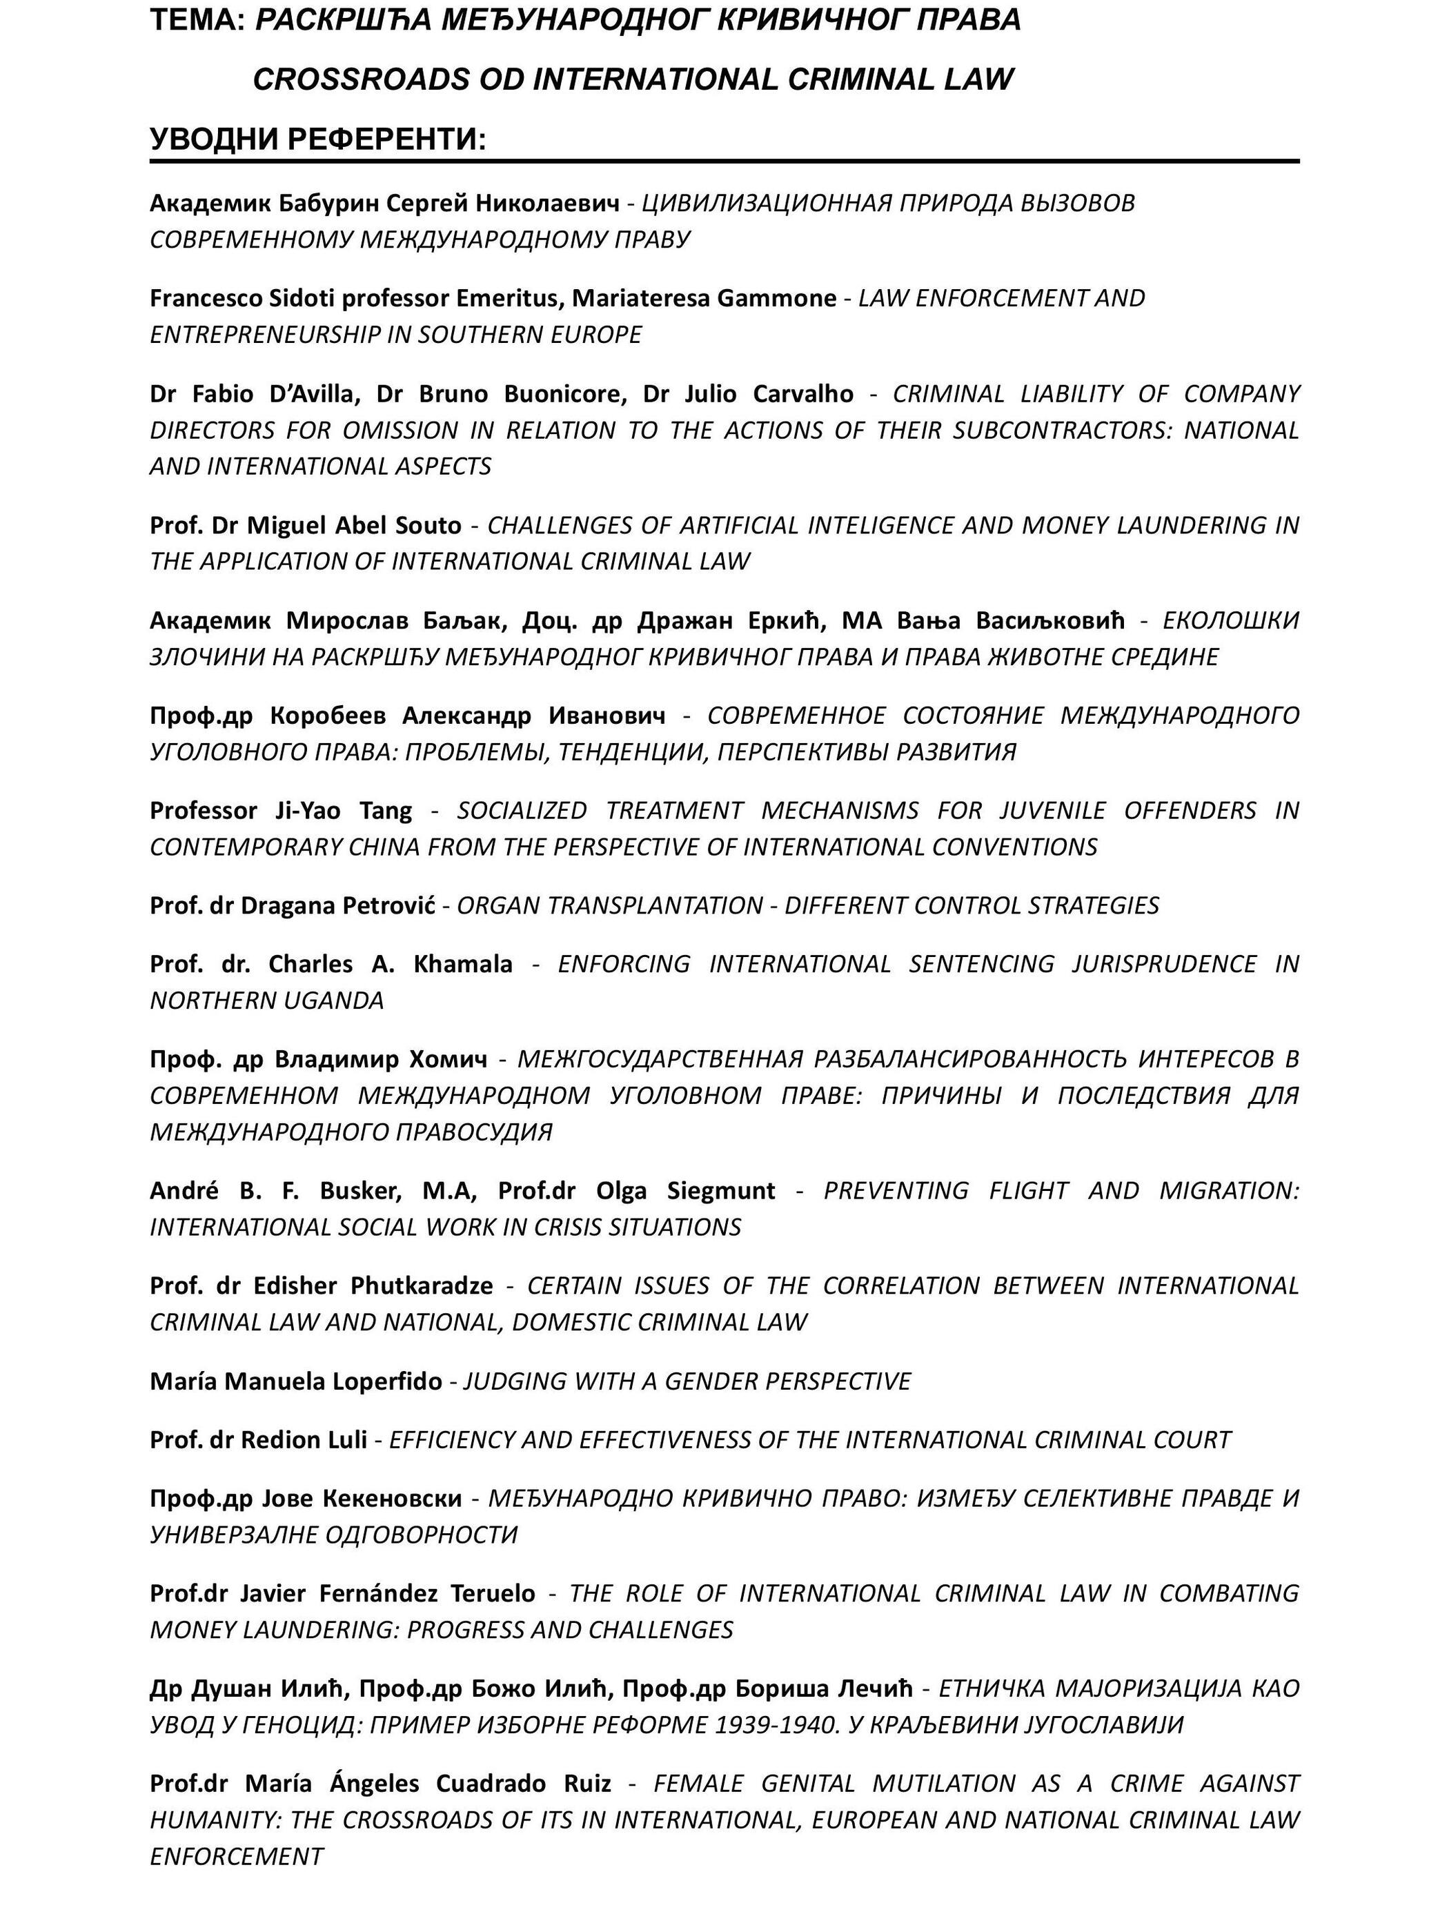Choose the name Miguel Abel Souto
[x=354, y=525]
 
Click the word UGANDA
[x=339, y=1001]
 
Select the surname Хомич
[x=449, y=1059]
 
